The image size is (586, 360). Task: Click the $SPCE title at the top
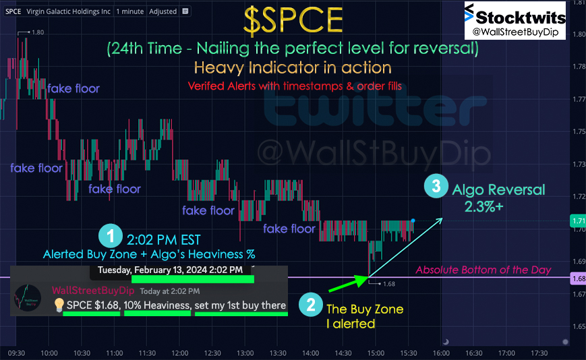point(293,21)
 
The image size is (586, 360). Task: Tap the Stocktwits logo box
point(515,20)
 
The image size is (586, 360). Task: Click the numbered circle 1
point(111,236)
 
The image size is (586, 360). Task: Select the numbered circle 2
point(311,305)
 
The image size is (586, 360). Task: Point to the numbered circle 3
point(436,185)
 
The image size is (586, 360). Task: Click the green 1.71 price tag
point(577,220)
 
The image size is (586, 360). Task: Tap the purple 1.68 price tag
point(577,278)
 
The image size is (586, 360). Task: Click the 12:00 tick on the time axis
point(180,353)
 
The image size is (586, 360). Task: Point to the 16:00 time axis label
point(441,353)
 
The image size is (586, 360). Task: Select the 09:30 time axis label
point(16,353)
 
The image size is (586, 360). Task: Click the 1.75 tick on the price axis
point(579,131)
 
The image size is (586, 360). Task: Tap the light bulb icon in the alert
point(59,305)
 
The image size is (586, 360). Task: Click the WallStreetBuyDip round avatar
point(27,297)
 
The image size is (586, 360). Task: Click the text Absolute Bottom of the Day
point(484,270)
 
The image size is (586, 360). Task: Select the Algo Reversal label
point(498,189)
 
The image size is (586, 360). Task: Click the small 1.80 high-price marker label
point(38,32)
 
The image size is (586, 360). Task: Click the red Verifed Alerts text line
point(295,86)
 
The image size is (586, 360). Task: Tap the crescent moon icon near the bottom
point(446,341)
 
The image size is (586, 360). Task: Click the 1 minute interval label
point(129,11)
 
